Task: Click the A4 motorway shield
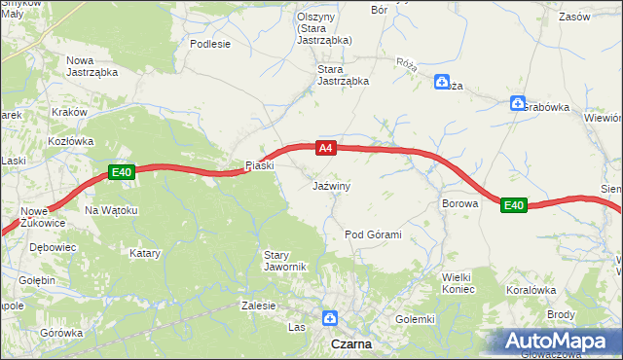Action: pos(326,148)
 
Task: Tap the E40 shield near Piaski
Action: pos(121,173)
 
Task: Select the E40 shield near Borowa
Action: pos(514,205)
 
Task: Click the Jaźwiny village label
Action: pos(331,185)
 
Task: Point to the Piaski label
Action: pos(260,164)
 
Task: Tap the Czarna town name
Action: pos(349,344)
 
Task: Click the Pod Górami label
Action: pos(374,235)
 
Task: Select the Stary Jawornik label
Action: pos(285,261)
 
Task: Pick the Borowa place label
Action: pos(459,204)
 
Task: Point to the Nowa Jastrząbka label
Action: pos(92,66)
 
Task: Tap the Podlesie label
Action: pos(210,44)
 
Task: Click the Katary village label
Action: pos(144,253)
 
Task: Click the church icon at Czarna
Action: pos(330,317)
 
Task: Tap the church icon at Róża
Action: pos(442,83)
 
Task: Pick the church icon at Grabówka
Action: pos(517,103)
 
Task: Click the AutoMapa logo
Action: pos(560,342)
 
